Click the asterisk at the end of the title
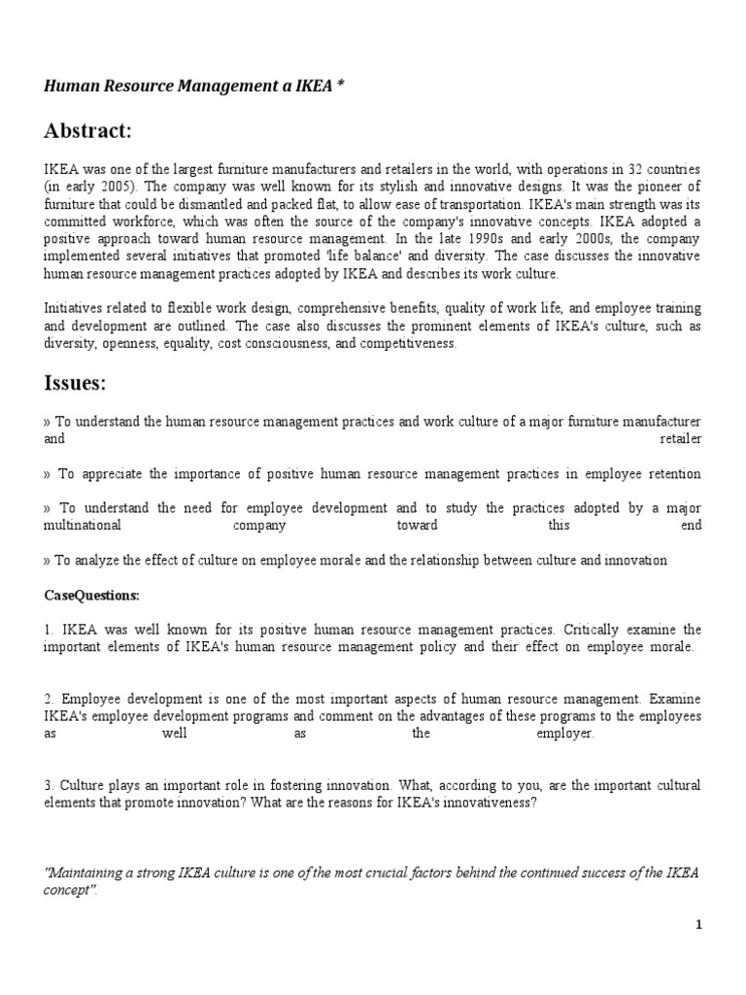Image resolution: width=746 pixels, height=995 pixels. pyautogui.click(x=339, y=86)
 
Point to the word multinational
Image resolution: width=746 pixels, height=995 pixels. pyautogui.click(x=84, y=525)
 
